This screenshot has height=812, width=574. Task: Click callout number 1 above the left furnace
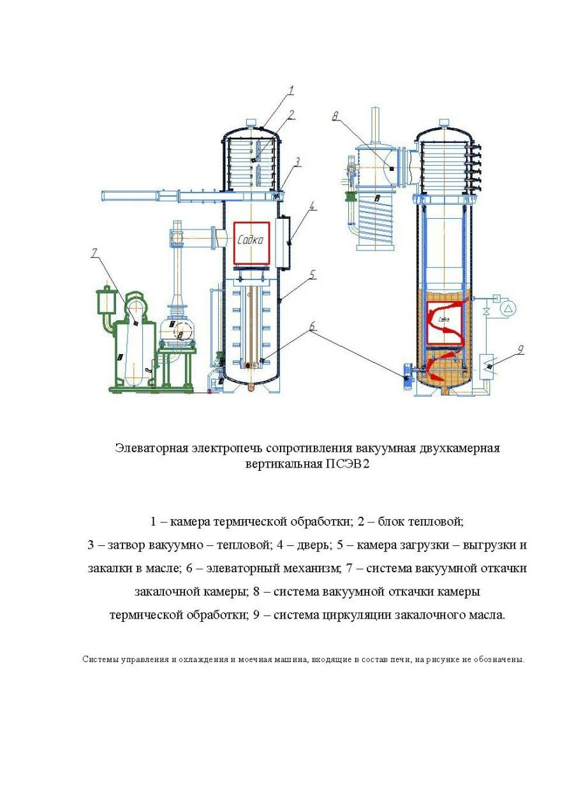(x=290, y=91)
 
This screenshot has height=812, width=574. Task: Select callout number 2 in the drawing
(x=291, y=115)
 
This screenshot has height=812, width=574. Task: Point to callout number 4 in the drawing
(x=313, y=206)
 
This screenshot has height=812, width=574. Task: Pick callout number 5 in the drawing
(x=313, y=274)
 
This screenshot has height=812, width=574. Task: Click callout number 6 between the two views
(x=313, y=326)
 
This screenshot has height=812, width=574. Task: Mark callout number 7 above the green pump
(x=94, y=253)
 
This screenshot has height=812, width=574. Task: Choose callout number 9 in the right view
(x=520, y=349)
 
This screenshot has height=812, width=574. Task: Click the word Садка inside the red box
(x=251, y=240)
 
